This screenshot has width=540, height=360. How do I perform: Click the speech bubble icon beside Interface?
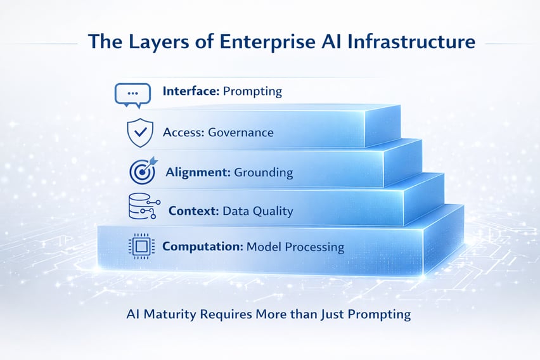[x=132, y=94]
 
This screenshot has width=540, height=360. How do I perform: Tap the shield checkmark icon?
[x=140, y=132]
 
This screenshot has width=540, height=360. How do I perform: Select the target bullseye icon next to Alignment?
[x=142, y=172]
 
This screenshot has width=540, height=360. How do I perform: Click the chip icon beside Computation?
[x=141, y=246]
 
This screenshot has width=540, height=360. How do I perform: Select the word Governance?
[x=241, y=132]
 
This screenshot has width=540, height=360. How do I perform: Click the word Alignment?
[x=197, y=172]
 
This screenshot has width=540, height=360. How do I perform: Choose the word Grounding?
[x=264, y=172]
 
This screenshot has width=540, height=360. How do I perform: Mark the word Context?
[x=193, y=210]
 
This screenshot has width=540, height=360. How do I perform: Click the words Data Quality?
[x=258, y=211]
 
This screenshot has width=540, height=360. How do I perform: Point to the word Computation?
[x=201, y=247]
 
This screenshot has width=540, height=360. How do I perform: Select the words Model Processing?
[x=295, y=247]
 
